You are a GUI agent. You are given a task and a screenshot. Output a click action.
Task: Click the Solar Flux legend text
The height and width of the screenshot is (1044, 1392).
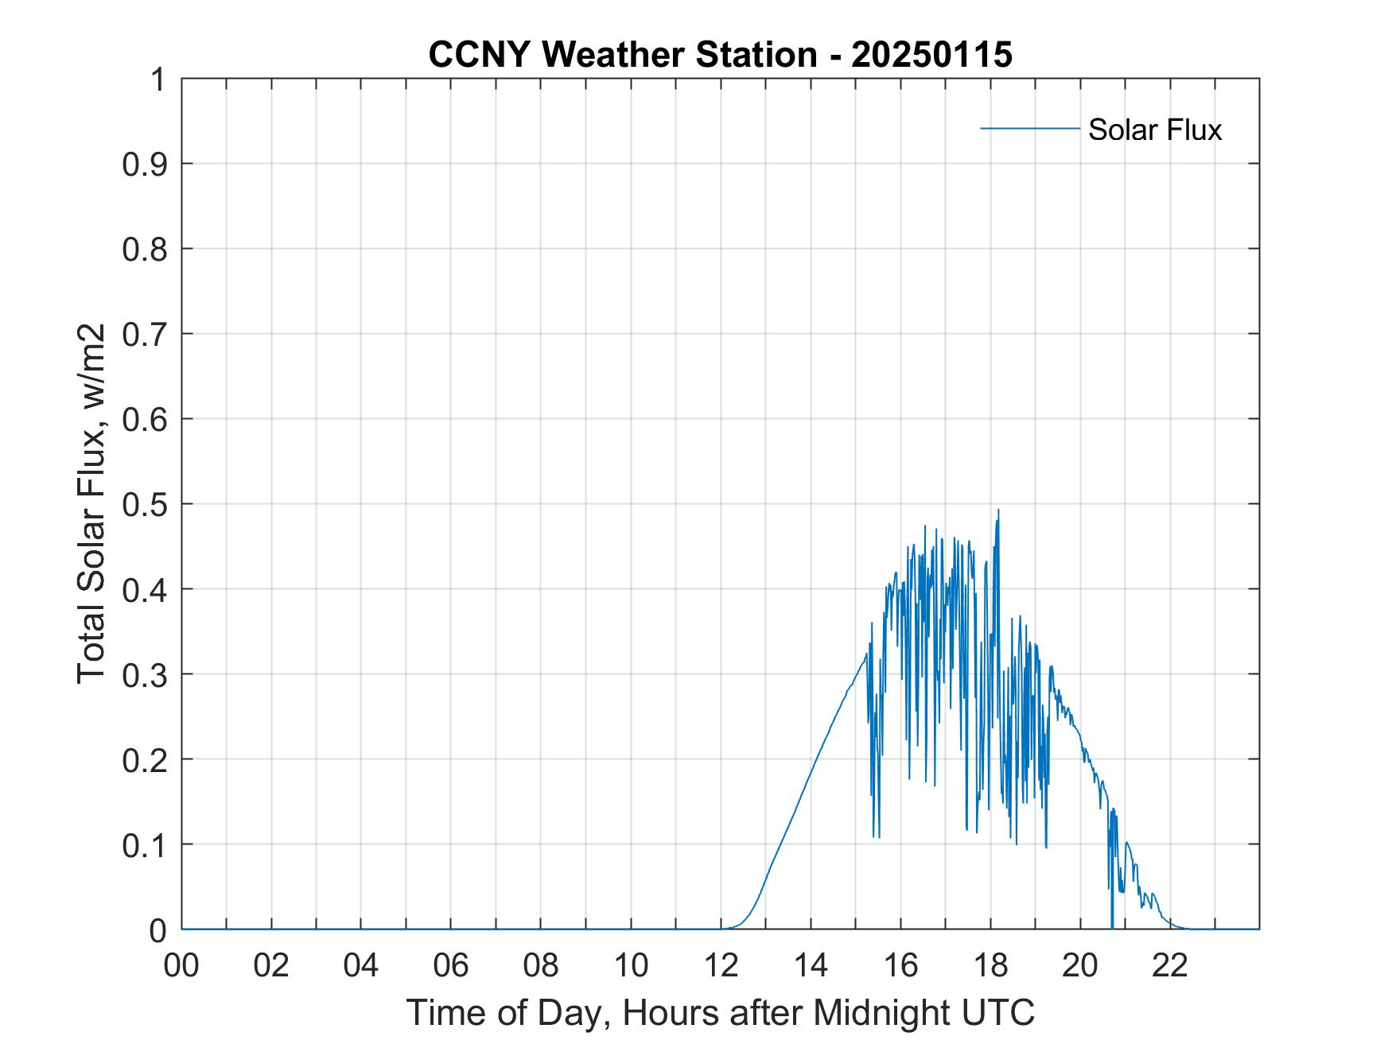click(x=1154, y=130)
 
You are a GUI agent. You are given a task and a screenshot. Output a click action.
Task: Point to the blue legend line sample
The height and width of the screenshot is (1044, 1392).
click(x=1029, y=128)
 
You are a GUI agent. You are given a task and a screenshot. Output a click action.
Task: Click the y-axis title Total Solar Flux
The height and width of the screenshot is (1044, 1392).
click(x=91, y=503)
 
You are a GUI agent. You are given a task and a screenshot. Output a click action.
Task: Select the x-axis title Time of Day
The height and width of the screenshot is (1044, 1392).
click(x=720, y=1012)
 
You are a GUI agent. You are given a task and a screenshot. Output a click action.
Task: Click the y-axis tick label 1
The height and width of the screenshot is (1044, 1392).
click(x=158, y=80)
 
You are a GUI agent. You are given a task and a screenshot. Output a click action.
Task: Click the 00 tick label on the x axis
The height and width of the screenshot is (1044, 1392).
click(x=181, y=965)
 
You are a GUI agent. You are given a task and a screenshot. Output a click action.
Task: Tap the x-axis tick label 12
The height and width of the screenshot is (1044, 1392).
click(x=721, y=965)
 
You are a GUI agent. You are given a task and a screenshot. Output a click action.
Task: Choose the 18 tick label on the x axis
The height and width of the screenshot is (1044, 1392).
click(x=990, y=965)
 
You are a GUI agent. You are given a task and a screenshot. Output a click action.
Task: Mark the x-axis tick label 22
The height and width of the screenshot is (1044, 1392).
click(x=1170, y=965)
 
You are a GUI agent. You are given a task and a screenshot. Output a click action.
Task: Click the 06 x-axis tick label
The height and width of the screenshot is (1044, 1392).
click(x=451, y=965)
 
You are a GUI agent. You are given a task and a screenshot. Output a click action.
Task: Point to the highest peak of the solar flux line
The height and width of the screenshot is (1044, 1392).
click(x=998, y=510)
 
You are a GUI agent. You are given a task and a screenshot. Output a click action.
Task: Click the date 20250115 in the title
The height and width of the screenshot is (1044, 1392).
click(x=931, y=55)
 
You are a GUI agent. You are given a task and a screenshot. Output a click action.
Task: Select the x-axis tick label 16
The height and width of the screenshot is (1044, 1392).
click(x=900, y=965)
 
